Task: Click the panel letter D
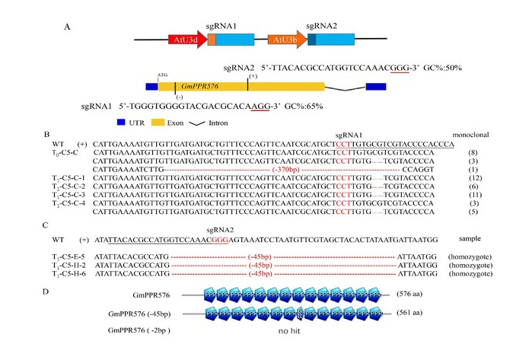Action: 67,292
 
